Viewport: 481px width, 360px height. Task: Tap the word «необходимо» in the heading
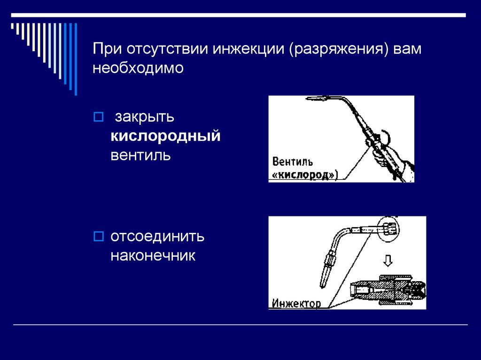click(x=137, y=68)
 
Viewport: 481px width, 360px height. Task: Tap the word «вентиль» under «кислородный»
click(x=140, y=155)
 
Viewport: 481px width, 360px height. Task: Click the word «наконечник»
click(x=153, y=256)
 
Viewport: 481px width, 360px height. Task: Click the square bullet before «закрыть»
click(x=99, y=116)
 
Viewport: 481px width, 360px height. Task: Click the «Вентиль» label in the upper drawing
click(x=292, y=162)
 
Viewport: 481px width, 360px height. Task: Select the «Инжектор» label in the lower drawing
click(x=296, y=303)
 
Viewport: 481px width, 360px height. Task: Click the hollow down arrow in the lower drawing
click(x=388, y=260)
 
